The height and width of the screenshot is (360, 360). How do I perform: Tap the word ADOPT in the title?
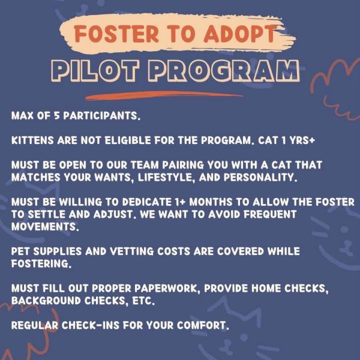click(x=239, y=34)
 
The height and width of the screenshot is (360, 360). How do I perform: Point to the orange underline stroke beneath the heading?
click(x=164, y=95)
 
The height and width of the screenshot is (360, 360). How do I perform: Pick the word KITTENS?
click(x=32, y=140)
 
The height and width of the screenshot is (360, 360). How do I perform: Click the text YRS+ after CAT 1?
click(x=302, y=140)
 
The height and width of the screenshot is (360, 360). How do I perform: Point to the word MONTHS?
click(x=211, y=202)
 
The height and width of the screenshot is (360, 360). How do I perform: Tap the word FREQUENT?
click(x=270, y=214)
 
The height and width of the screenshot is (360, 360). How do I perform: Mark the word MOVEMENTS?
click(x=44, y=227)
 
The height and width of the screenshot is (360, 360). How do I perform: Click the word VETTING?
click(x=131, y=251)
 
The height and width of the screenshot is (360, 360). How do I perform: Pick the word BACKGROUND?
click(x=46, y=301)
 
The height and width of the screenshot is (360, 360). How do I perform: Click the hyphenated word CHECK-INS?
click(x=91, y=326)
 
